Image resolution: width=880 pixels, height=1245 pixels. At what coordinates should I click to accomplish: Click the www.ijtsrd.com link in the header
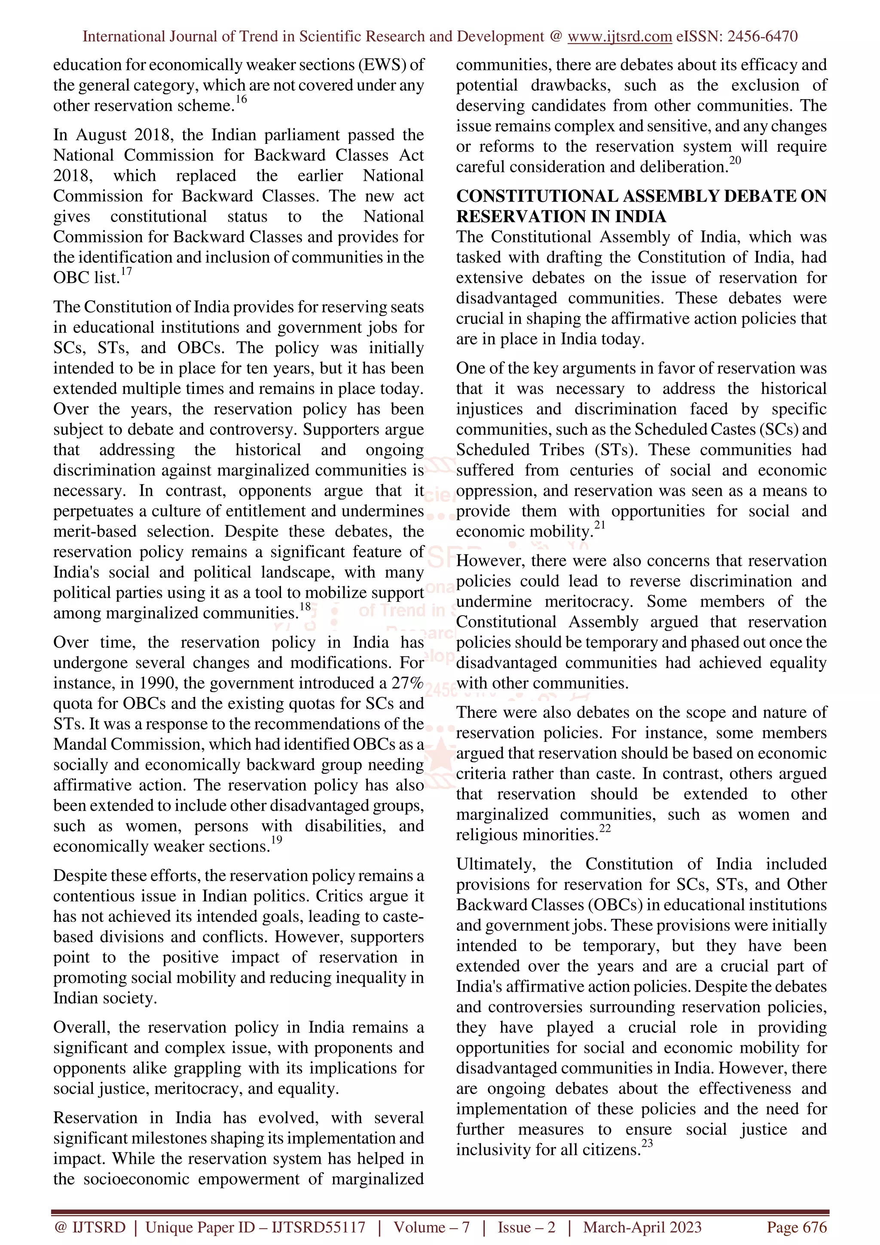[619, 37]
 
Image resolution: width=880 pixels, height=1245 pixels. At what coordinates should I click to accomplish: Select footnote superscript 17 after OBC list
[126, 271]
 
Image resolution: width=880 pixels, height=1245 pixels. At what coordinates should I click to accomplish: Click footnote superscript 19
[277, 839]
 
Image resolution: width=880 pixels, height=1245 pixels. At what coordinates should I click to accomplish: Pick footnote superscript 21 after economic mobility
[600, 525]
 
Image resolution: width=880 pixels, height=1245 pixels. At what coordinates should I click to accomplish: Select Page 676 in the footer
[796, 1227]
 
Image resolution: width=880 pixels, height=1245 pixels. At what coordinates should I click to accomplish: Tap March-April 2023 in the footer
[642, 1227]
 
